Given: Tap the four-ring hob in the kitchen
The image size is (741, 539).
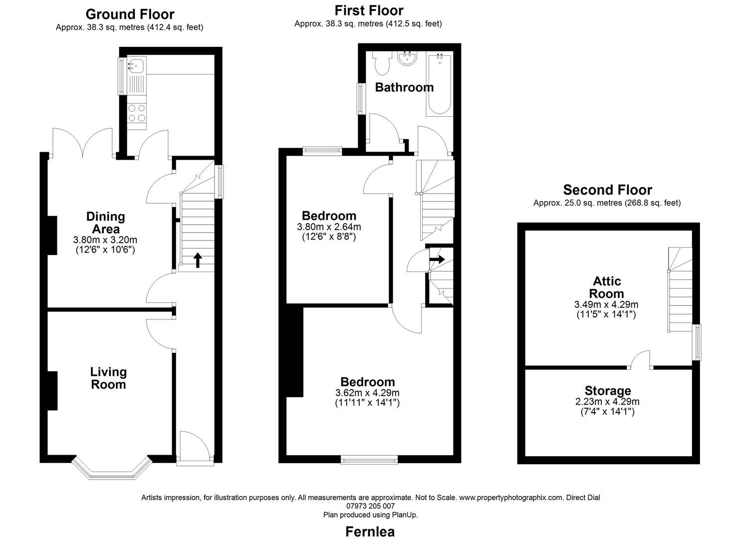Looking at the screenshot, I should (x=137, y=113).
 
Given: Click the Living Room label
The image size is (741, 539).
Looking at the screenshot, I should (x=108, y=378).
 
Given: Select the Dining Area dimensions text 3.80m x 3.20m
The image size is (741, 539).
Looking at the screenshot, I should (x=105, y=240).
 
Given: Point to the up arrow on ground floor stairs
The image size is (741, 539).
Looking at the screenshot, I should (x=198, y=260).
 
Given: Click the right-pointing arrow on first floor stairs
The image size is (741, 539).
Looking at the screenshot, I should (x=438, y=260).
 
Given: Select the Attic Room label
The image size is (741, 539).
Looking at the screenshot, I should (x=607, y=287).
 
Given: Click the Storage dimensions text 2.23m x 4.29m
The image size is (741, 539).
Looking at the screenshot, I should (x=607, y=402).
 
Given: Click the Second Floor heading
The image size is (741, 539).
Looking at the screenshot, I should (x=607, y=190).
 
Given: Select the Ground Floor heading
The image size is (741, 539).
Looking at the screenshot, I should (x=130, y=14).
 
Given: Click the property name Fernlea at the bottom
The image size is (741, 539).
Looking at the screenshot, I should (x=370, y=532).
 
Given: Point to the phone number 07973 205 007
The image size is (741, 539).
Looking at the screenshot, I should (x=370, y=506).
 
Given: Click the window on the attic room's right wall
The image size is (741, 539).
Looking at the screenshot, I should (x=697, y=342).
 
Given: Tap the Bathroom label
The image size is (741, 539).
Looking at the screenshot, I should (x=404, y=87).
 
